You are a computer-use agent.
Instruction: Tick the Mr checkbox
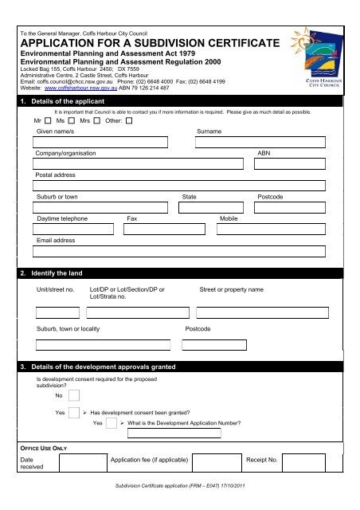coord(47,121)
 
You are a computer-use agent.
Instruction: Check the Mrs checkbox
coord(97,121)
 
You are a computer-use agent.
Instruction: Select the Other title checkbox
coord(128,121)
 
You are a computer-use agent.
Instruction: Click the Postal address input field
coord(180,186)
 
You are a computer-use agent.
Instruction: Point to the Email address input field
coord(180,251)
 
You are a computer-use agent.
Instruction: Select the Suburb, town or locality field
coord(103,344)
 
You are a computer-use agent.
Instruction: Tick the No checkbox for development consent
coord(74,395)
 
